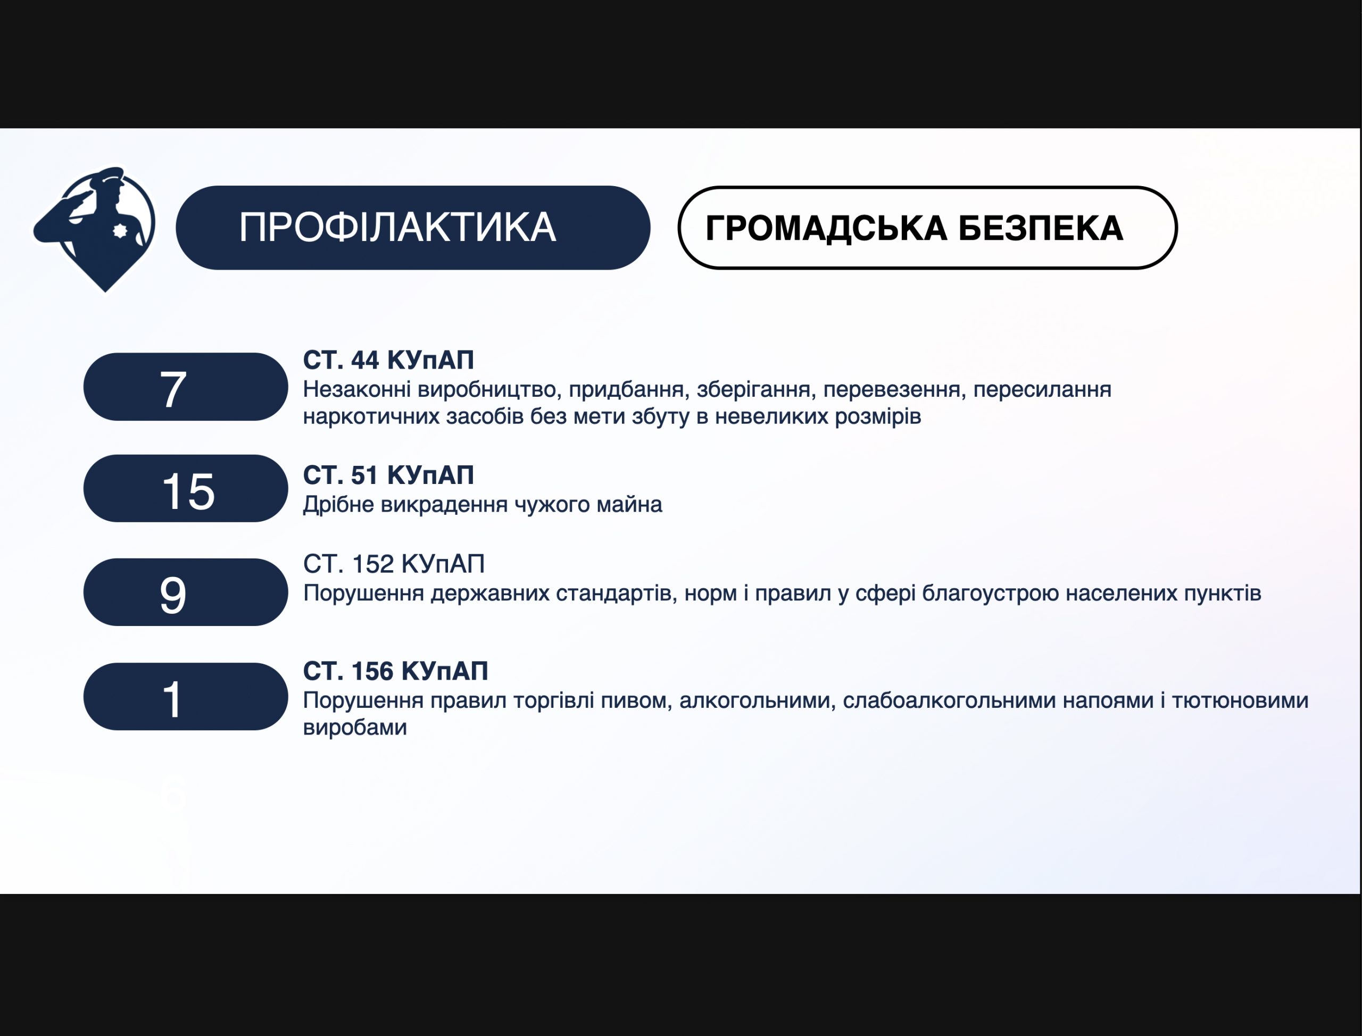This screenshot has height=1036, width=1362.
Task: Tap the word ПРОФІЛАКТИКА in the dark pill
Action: click(397, 228)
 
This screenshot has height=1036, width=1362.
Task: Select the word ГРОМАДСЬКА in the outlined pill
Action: click(826, 229)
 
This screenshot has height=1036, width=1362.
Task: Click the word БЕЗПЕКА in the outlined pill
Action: click(1041, 228)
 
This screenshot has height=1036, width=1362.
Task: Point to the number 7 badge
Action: click(186, 387)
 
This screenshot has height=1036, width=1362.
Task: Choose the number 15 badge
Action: click(186, 488)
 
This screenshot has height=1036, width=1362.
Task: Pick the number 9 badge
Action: click(186, 592)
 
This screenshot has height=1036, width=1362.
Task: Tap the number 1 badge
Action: click(186, 696)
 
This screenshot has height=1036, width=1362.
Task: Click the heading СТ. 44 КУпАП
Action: click(388, 360)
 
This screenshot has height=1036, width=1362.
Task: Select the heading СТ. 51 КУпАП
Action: click(388, 475)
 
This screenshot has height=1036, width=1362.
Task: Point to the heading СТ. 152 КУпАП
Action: click(394, 564)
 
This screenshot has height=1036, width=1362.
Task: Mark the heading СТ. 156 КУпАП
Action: click(395, 671)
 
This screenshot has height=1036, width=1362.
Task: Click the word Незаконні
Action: click(356, 390)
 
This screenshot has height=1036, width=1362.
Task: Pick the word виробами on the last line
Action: click(355, 728)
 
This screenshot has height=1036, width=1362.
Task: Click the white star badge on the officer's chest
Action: click(120, 231)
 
